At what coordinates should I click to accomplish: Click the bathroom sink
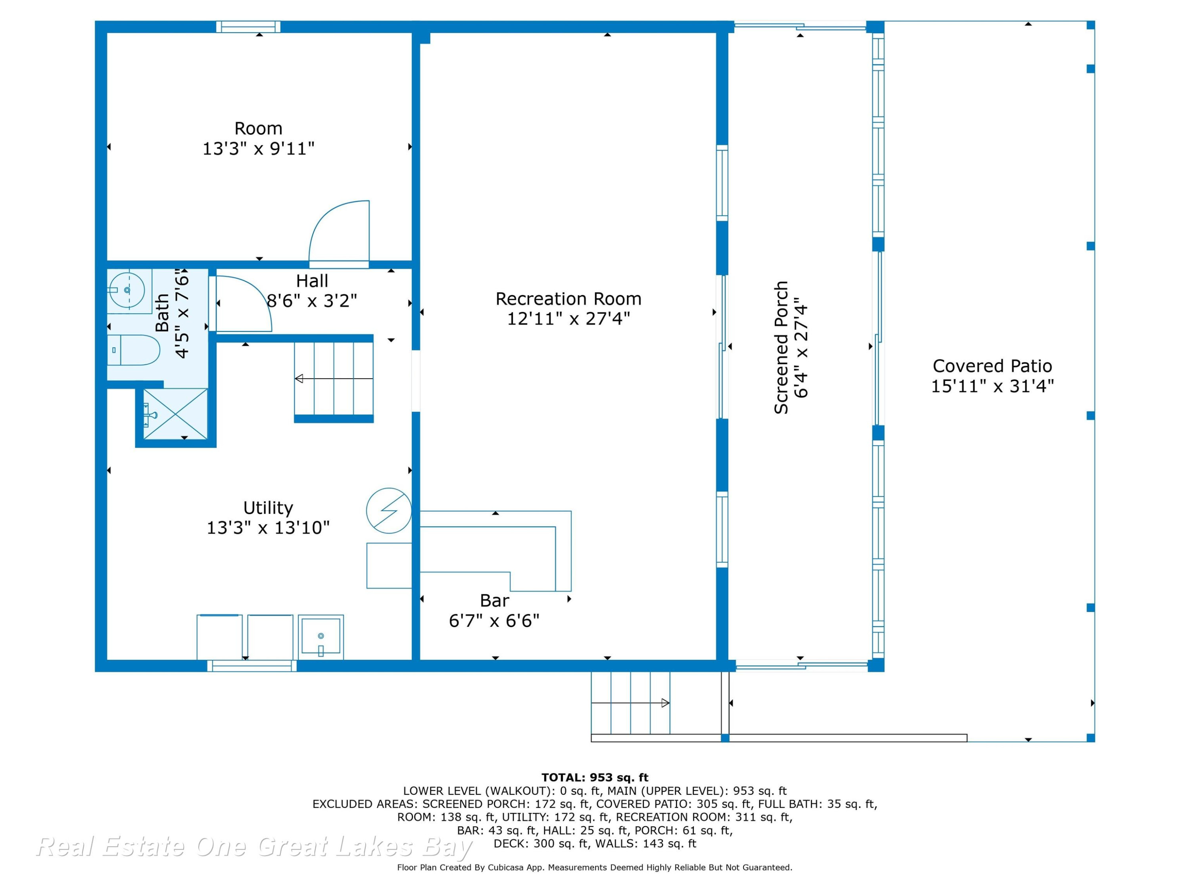pos(127,290)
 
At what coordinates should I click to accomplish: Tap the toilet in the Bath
pos(133,350)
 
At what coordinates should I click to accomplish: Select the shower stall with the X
pos(175,414)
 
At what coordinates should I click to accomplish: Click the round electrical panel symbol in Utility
pos(389,510)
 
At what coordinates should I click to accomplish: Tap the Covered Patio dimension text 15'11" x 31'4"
pos(992,386)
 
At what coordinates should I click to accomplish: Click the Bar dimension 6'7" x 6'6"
pos(494,620)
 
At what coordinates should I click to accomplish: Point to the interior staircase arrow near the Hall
pos(334,379)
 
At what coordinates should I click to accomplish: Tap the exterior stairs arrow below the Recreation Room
pos(630,703)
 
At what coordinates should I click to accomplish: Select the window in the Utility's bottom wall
pos(252,666)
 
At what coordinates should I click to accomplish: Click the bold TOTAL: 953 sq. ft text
pos(595,777)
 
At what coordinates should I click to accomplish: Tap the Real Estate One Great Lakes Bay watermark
pos(254,846)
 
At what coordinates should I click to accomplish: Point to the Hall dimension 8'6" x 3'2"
pos(312,301)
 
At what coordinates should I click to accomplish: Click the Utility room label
pos(268,507)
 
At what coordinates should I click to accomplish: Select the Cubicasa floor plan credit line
pos(595,867)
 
